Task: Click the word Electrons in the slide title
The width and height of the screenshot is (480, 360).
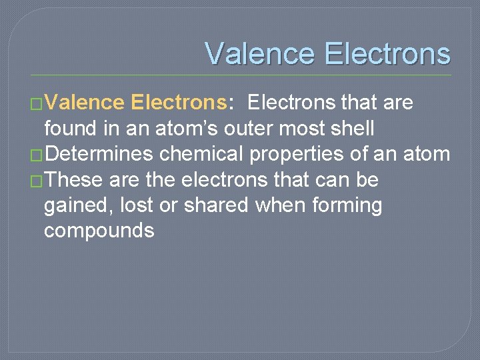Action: click(x=387, y=53)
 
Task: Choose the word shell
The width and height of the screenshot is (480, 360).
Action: click(x=351, y=128)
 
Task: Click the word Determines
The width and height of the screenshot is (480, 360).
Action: click(x=100, y=154)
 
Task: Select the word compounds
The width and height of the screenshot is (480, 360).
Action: click(x=99, y=231)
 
